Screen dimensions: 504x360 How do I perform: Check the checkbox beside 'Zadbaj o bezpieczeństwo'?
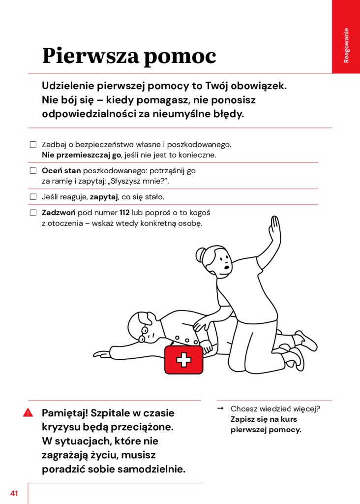pos(33,145)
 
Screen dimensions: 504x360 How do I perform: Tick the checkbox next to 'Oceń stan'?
pos(33,171)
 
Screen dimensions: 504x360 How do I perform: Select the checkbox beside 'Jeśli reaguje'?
pos(33,197)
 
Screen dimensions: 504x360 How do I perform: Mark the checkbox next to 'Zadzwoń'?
pos(33,213)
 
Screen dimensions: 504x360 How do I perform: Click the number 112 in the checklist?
pos(124,213)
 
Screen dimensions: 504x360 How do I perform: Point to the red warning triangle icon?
pos(28,412)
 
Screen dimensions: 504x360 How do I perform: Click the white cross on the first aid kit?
pos(183,360)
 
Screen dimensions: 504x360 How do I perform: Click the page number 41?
pos(14,493)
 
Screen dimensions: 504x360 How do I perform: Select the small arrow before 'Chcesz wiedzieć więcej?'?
pos(220,409)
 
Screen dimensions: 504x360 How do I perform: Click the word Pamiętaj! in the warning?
pos(64,412)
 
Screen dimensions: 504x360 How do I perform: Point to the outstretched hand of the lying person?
pos(101,353)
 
